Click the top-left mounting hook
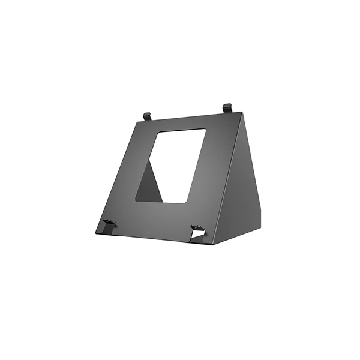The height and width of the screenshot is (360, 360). pos(147,115)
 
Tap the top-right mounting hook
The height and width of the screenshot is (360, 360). pos(227,108)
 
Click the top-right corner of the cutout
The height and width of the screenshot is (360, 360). pos(206,129)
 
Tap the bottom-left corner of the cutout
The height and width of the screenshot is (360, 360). pos(135,201)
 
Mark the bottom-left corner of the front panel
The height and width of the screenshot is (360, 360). pos(96,232)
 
